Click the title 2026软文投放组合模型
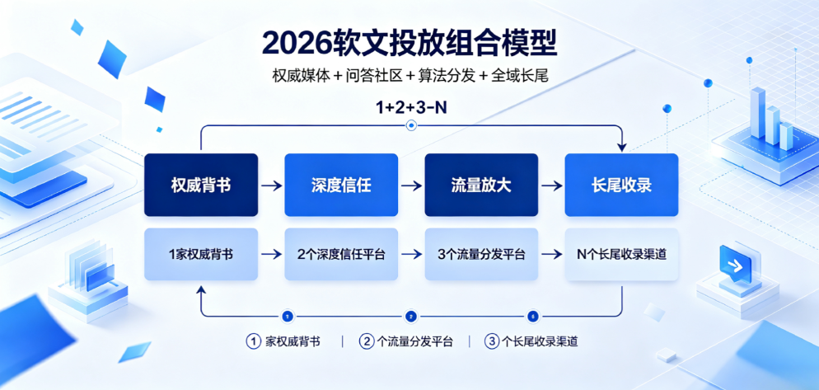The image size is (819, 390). point(410,44)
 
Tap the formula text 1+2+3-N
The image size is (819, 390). point(410,108)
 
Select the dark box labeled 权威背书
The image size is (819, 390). point(201,185)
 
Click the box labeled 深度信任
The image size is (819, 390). point(341,185)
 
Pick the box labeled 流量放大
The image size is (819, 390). point(481,185)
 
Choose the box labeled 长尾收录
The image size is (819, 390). point(621,185)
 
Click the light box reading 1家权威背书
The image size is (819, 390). point(201,255)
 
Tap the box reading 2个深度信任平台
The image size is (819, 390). point(341,255)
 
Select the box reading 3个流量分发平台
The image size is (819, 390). point(481,255)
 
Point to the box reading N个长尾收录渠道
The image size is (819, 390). point(621,255)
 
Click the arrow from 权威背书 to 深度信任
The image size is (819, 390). point(272,186)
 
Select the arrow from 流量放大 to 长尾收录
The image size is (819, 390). point(551,186)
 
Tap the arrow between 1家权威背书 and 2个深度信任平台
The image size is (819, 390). point(272,255)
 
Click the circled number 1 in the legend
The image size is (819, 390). point(253,342)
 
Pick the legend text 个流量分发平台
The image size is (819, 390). point(414,342)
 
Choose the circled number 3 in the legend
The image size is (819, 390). point(491,342)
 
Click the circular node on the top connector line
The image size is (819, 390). point(411,125)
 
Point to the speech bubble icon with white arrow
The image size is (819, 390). point(736,264)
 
